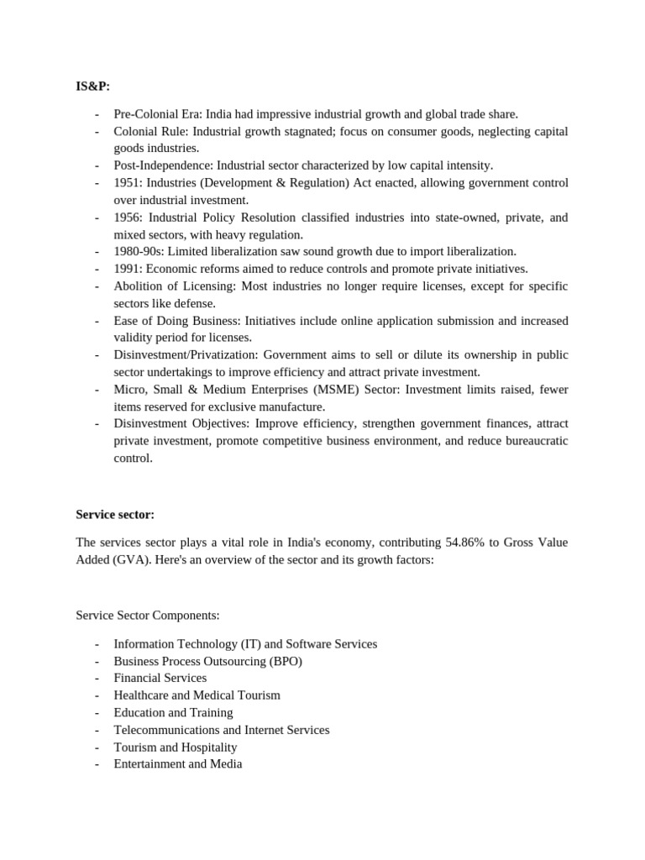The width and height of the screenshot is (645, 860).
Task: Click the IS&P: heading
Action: [x=92, y=86]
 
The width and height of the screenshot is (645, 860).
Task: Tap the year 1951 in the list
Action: [x=127, y=183]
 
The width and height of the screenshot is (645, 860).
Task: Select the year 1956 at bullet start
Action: [x=127, y=218]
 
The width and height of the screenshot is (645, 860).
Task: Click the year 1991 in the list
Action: [x=127, y=269]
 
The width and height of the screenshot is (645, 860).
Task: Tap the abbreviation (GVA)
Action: [x=132, y=560]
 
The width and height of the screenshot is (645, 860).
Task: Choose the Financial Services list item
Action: [x=160, y=678]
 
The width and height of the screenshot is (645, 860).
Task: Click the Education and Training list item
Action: [x=173, y=712]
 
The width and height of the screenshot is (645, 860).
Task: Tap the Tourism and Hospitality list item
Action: [x=176, y=747]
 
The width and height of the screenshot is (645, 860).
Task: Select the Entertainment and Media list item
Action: [x=178, y=764]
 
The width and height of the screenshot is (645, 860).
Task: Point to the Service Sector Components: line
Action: [x=148, y=616]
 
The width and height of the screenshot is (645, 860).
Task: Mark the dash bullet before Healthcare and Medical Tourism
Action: [x=97, y=695]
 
